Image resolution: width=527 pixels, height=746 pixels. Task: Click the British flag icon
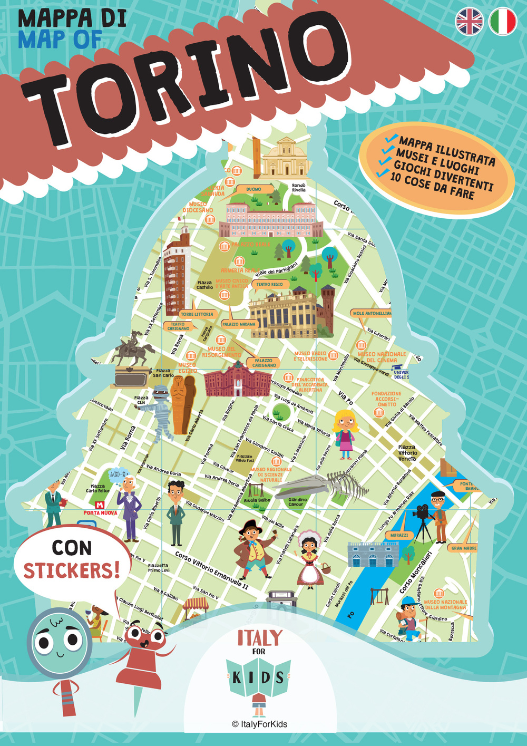[x=469, y=22]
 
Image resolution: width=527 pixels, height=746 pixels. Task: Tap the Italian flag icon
[x=502, y=22]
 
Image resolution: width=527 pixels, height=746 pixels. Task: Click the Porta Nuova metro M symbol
[x=100, y=505]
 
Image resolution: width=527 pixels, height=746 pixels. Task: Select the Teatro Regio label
[x=269, y=284]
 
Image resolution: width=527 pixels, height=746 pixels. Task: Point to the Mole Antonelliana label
[x=372, y=313]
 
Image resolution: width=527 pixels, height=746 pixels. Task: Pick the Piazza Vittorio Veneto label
[x=407, y=453]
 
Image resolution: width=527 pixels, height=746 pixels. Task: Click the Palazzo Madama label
[x=238, y=324]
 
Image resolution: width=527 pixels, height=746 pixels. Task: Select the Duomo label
[x=253, y=189]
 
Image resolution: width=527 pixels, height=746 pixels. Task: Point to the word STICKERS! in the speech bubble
[x=72, y=570]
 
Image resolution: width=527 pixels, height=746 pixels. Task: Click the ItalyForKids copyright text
[x=260, y=724]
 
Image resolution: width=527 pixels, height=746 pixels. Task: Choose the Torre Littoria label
[x=197, y=314]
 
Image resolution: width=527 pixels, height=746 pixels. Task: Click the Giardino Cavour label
[x=297, y=502]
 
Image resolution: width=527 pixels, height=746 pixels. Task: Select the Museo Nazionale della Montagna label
[x=445, y=605]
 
